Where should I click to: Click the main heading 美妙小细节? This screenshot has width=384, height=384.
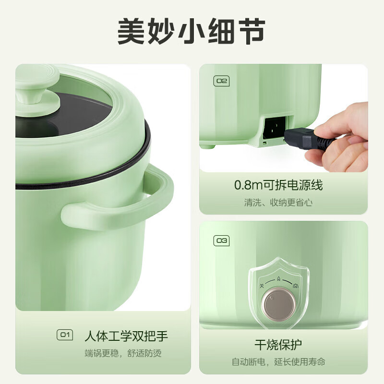pyautogui.click(x=192, y=31)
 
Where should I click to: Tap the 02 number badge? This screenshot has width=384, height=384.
pyautogui.click(x=221, y=81)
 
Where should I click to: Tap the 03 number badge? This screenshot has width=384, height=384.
pyautogui.click(x=221, y=240)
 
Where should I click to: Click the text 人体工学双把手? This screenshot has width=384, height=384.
pyautogui.click(x=126, y=335)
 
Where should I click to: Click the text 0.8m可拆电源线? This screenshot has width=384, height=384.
pyautogui.click(x=278, y=185)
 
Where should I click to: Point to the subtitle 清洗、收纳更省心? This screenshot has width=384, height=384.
pyautogui.click(x=278, y=203)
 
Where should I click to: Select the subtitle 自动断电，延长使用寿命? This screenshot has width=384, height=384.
pyautogui.click(x=278, y=361)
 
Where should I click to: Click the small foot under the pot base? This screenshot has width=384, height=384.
pyautogui.click(x=207, y=144)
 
